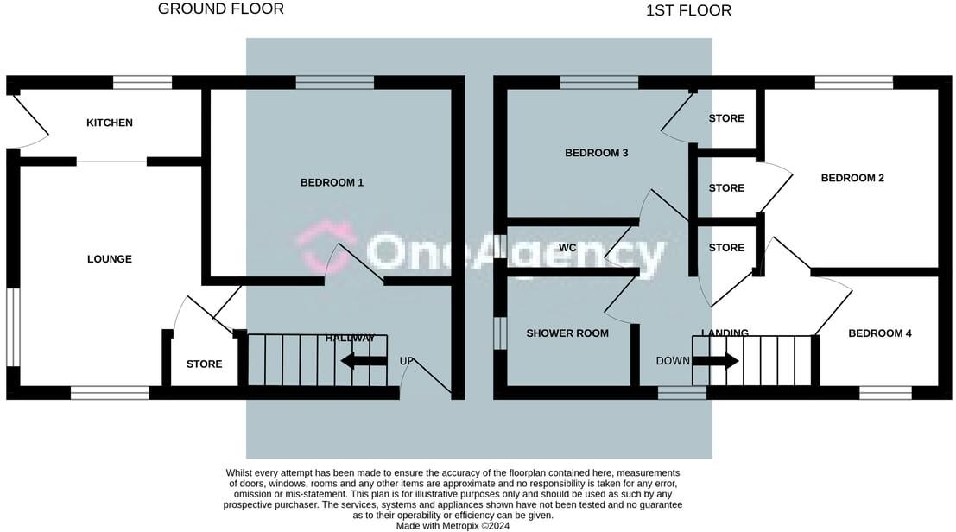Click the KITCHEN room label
pos(109,123)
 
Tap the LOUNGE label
pos(109,259)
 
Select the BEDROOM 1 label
pos(332,183)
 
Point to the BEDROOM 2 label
pos(852,178)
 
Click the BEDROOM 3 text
pos(596,153)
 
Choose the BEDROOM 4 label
pos(880,333)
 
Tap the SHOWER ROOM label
pos(567,333)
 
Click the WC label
pos(567,248)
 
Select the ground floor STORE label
pos(205,364)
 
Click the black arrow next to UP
pos(364,361)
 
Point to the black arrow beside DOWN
pos(716,361)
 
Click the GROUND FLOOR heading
pos(221,9)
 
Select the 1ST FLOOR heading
pos(689,10)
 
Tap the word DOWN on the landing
pos(673,361)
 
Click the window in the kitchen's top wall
pos(142,83)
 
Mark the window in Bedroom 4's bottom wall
pos(885,393)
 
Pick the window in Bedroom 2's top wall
pos(853,83)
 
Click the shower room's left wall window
pos(500,332)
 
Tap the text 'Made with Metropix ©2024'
pos(453,526)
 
